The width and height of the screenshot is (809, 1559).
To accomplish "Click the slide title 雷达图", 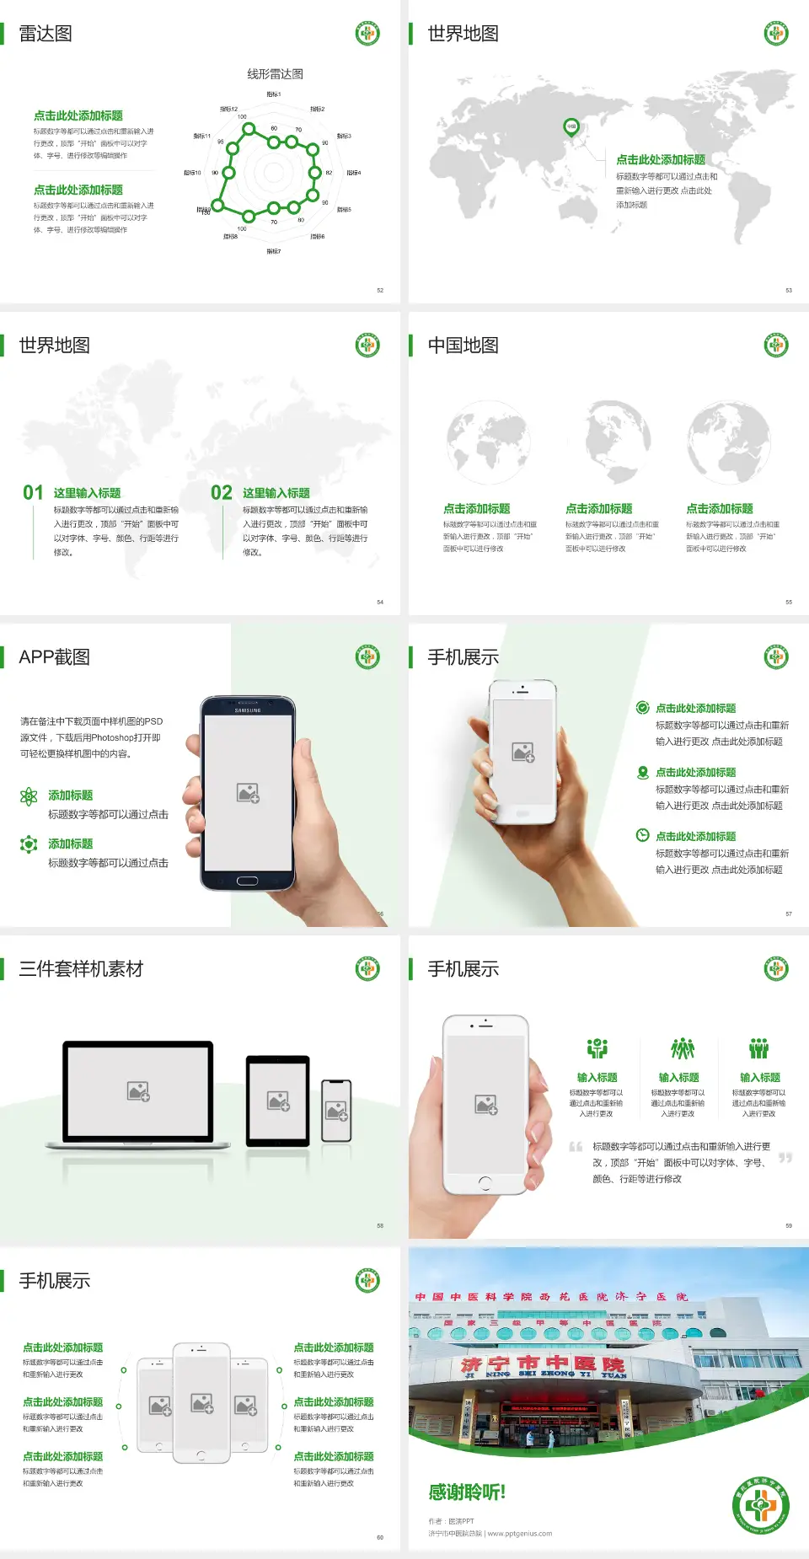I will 46,34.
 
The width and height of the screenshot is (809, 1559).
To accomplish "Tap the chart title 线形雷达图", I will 275,74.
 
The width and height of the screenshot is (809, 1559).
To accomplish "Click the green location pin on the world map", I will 571,127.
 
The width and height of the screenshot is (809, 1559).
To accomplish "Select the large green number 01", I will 33,493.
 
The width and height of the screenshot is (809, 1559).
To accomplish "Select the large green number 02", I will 222,493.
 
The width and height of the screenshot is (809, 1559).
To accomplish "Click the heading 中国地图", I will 463,346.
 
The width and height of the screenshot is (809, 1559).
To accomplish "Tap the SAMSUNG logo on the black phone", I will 248,710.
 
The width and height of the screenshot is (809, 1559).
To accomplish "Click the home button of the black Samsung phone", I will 247,881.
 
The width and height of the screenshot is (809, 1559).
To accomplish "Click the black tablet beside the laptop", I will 278,1101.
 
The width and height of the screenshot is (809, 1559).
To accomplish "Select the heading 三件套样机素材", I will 81,969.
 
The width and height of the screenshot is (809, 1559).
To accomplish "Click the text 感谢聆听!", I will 467,1492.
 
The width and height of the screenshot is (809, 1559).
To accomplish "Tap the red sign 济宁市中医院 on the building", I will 543,1363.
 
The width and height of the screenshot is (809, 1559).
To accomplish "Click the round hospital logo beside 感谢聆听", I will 761,1506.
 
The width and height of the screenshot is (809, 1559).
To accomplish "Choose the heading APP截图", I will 54,657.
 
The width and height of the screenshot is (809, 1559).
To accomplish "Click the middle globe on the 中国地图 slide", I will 619,442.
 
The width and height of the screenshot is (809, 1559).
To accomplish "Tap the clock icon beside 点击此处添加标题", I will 642,835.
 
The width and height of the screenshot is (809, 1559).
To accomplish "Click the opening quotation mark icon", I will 576,1147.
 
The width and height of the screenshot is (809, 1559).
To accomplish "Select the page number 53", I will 789,291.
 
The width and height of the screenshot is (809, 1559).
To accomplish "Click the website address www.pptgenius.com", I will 519,1534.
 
